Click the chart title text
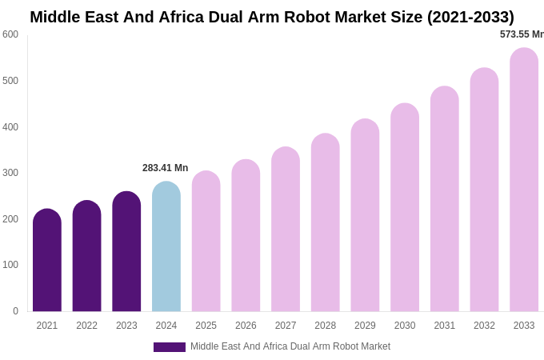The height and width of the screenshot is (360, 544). (x=272, y=17)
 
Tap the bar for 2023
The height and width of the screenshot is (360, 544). (x=126, y=252)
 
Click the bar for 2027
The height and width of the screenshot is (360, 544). (x=286, y=230)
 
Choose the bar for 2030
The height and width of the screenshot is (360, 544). (x=405, y=208)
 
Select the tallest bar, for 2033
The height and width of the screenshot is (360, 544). (x=524, y=180)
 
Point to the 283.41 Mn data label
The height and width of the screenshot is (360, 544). (x=165, y=168)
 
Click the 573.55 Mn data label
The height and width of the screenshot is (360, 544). (x=522, y=34)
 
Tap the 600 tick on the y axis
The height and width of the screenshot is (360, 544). (x=10, y=34)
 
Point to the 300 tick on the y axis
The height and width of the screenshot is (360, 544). (x=10, y=173)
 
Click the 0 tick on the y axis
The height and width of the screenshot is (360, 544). (x=15, y=311)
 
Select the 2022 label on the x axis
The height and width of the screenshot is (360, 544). (x=86, y=326)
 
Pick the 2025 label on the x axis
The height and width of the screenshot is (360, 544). (x=206, y=326)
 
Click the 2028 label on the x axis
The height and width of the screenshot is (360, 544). (x=326, y=326)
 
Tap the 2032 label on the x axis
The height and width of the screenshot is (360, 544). (x=484, y=326)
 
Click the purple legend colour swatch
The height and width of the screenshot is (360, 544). (x=169, y=347)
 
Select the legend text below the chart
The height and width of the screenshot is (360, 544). (x=290, y=346)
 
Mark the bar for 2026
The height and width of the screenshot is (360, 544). (x=246, y=236)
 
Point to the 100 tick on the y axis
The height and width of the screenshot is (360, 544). (x=10, y=265)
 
